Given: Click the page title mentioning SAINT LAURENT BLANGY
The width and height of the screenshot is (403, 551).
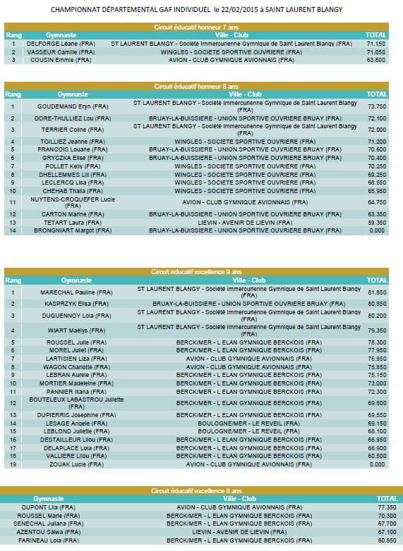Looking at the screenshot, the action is point(196,10).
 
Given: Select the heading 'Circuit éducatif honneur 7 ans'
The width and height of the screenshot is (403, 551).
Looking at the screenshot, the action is point(196,27).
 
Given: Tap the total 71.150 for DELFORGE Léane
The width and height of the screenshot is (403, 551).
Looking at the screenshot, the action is point(376,44).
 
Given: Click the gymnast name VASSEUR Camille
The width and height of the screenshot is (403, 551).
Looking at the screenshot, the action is point(61,52).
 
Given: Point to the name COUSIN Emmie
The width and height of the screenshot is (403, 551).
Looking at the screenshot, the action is point(61,60).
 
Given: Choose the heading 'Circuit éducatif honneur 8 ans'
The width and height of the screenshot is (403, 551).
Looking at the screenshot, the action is point(196,87).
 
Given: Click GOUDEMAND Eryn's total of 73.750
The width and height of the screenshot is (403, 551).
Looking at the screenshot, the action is point(377,106).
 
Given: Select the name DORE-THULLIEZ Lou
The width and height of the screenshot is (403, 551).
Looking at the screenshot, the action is point(73,118).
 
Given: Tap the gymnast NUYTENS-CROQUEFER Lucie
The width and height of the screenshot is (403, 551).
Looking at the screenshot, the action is point(73,202).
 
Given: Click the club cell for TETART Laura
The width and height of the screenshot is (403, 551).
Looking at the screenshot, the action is point(245,223).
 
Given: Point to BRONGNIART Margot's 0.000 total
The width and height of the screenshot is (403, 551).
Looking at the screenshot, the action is point(377,230).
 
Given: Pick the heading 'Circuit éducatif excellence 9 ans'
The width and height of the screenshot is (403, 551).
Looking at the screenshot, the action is point(196,272).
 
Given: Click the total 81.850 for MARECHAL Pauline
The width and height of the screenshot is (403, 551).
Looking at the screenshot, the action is point(377,292).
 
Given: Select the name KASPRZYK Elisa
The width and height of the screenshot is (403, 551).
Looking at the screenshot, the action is point(76,304).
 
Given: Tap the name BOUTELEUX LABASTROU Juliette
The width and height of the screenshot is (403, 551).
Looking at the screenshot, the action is point(76,403).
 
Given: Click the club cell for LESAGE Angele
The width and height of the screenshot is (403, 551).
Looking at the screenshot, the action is point(249,423).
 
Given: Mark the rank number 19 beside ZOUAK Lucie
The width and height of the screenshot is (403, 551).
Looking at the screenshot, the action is point(13,464).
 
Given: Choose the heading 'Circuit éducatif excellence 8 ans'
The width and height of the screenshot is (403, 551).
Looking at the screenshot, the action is point(196,490).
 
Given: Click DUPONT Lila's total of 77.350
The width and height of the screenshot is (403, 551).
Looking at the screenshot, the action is point(387,507).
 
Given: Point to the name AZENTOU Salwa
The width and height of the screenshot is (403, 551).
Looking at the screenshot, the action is point(49,532).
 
